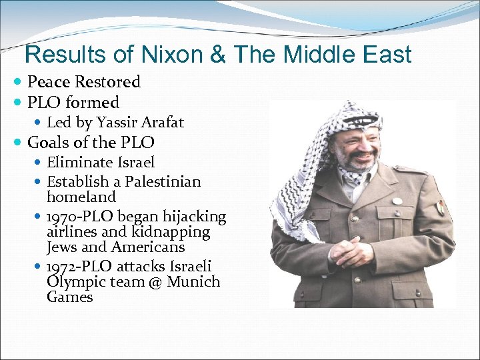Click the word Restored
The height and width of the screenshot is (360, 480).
[107, 82]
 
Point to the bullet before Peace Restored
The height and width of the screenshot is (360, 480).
[18, 82]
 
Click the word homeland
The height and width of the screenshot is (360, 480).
[81, 197]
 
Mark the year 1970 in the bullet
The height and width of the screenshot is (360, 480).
[63, 217]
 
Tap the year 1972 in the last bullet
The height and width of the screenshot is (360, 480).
[63, 267]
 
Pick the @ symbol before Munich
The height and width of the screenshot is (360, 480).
[155, 282]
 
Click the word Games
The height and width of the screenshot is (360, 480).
[70, 297]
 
